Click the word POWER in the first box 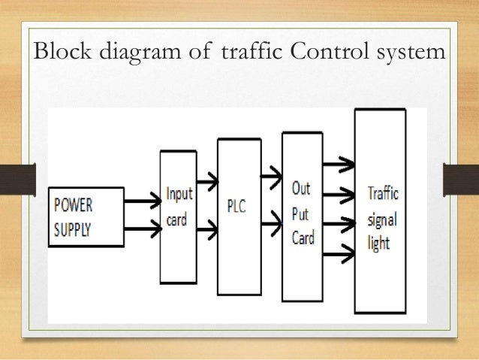(x=74, y=204)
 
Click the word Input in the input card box (x=179, y=193)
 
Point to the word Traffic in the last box (x=382, y=193)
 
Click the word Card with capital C (x=303, y=238)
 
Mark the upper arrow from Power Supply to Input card (x=141, y=201)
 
